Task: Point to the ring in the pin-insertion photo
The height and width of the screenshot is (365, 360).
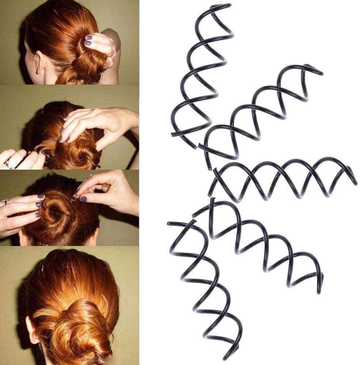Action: click(x=7, y=201)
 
